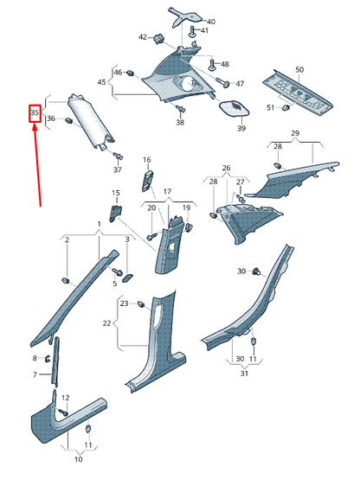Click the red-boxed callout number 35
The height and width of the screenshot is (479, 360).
tap(35, 113)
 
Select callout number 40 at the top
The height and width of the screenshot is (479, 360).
tap(210, 21)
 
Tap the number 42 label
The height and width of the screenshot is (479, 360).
tap(144, 37)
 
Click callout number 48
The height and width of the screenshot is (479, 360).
tap(224, 65)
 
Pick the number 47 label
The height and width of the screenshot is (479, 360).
tap(240, 84)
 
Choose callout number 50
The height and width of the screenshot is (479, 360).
tap(299, 68)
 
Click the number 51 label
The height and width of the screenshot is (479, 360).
tap(270, 107)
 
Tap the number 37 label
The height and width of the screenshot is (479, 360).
tap(118, 169)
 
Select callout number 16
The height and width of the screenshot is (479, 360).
tap(147, 160)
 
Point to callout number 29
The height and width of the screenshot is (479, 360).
tap(294, 133)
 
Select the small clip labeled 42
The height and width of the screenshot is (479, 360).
tap(161, 37)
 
